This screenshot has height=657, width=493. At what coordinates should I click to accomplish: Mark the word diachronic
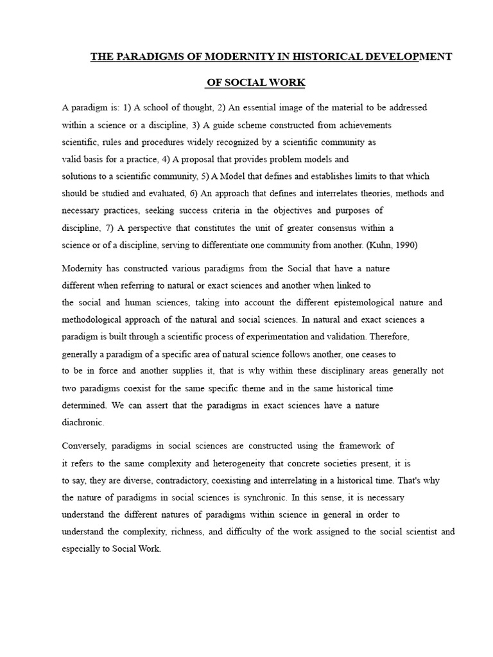pyautogui.click(x=82, y=422)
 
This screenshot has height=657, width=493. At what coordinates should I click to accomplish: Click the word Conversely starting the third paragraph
pyautogui.click(x=85, y=445)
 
